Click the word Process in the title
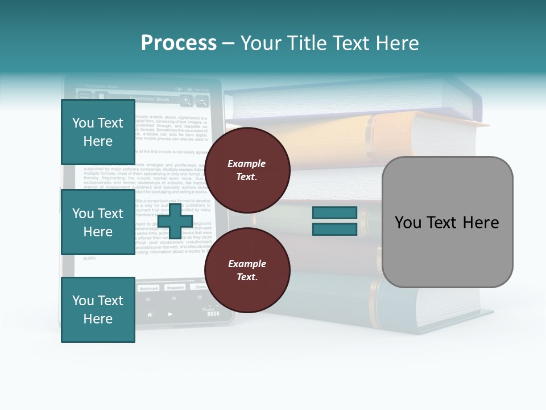179,43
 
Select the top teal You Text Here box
98,132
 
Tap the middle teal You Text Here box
98,222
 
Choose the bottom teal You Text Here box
98,309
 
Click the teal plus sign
175,220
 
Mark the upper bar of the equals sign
334,212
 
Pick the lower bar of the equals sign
334,229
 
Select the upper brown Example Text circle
247,170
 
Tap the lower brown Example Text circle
247,270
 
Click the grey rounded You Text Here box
447,222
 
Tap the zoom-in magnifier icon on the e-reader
186,101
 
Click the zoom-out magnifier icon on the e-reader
202,101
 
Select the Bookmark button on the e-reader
149,288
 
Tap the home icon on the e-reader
150,314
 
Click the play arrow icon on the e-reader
171,314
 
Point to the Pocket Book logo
211,311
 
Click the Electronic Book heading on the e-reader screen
150,99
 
